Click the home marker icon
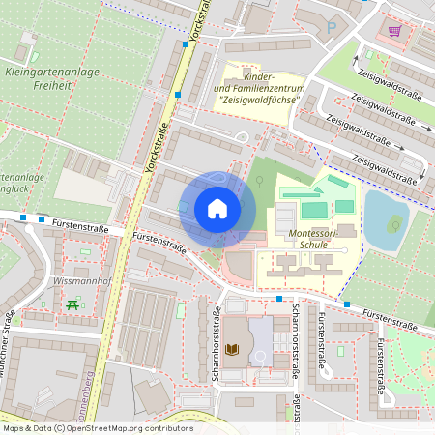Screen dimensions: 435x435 [x=217, y=209]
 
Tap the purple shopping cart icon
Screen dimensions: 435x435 [x=394, y=30]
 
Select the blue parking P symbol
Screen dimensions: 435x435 [x=332, y=28]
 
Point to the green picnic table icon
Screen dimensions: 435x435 [x=73, y=306]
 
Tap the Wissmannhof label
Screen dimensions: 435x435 [x=84, y=282]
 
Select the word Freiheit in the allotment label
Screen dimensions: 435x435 [x=50, y=85]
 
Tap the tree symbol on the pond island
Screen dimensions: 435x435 [x=393, y=225]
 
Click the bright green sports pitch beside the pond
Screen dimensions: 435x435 [x=314, y=210]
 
